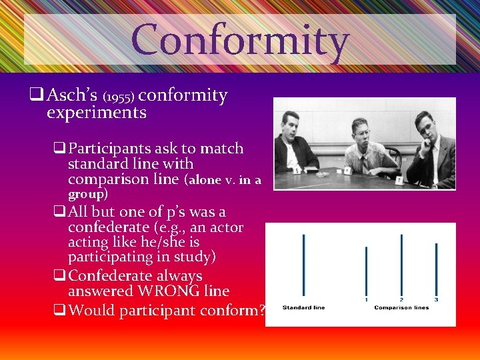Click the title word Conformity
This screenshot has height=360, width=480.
240,40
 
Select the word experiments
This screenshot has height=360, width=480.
97,112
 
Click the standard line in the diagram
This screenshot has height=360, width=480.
303,265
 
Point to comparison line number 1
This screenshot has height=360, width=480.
366,271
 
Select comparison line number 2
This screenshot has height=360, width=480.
401,265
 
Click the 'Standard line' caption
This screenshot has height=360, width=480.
303,307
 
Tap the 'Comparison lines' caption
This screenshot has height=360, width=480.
401,307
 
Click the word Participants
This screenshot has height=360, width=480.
109,148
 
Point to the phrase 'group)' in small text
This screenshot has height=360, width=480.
87,194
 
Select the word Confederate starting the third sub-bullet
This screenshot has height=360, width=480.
112,276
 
